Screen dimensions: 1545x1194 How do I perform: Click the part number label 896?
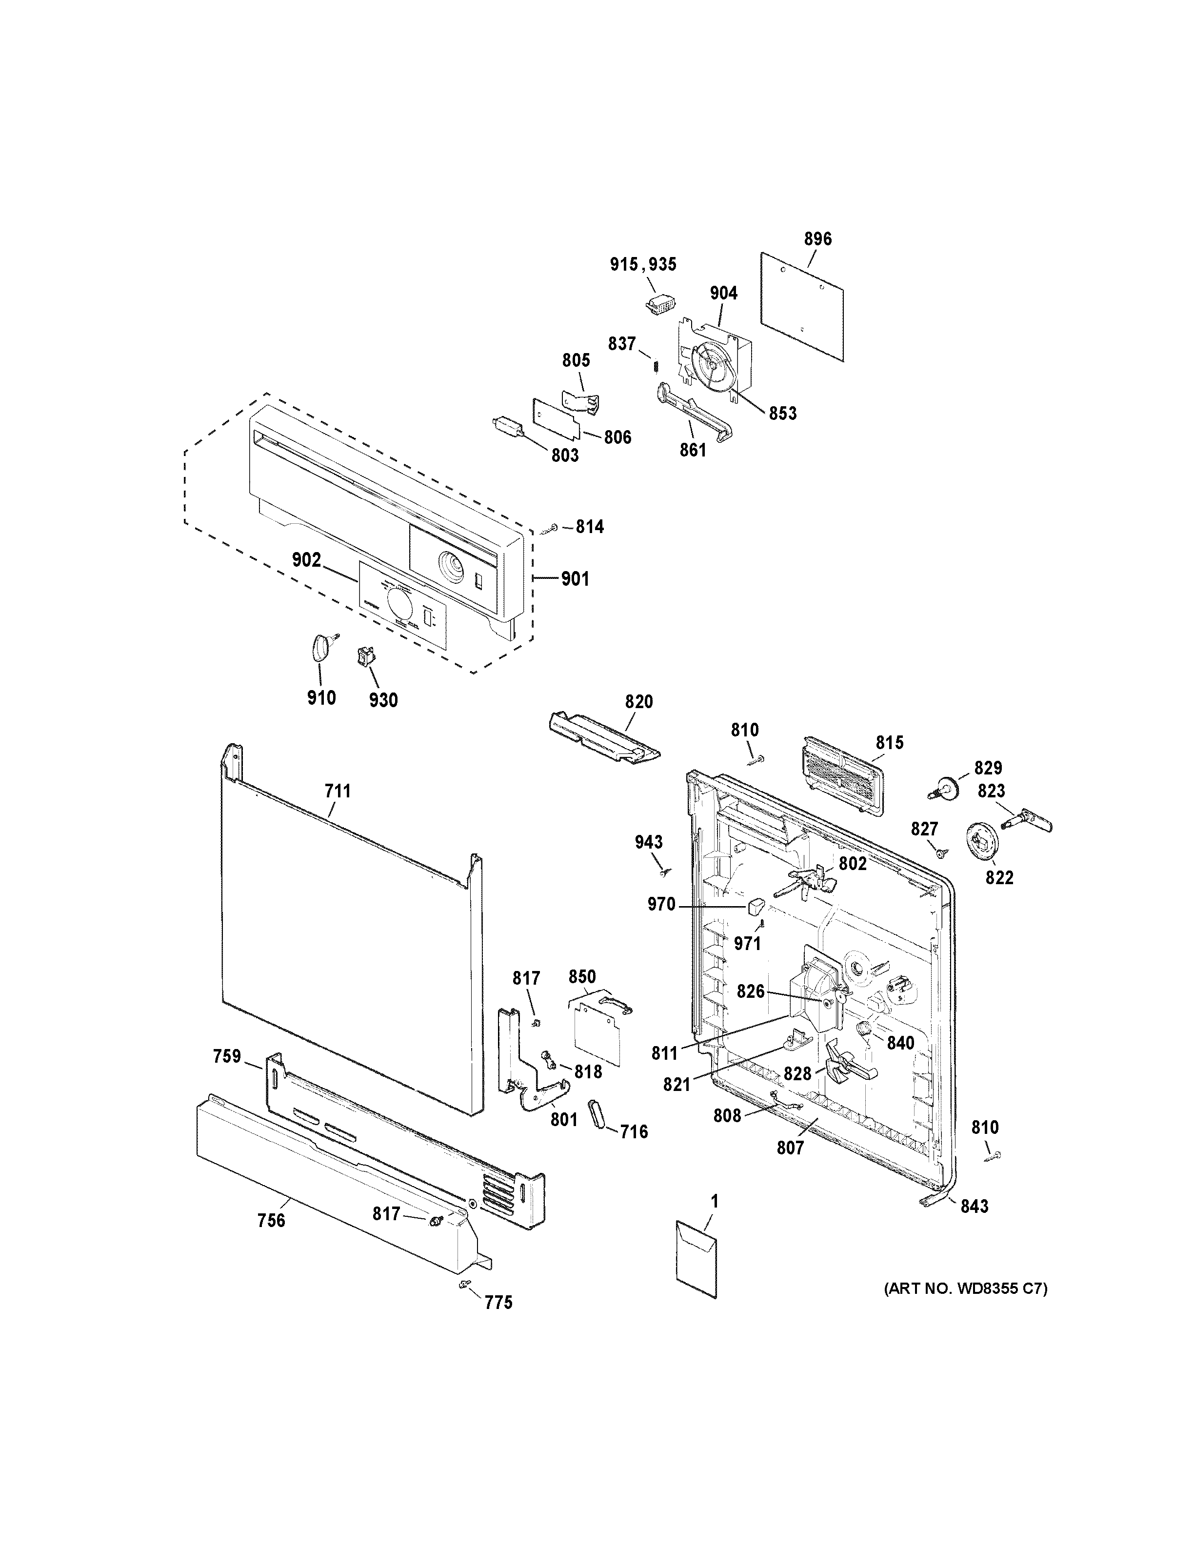pyautogui.click(x=817, y=239)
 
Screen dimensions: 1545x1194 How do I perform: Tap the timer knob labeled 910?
pyautogui.click(x=320, y=647)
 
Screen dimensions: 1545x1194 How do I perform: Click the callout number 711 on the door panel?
pyautogui.click(x=338, y=792)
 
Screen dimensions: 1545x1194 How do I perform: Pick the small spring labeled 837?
pyautogui.click(x=656, y=367)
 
